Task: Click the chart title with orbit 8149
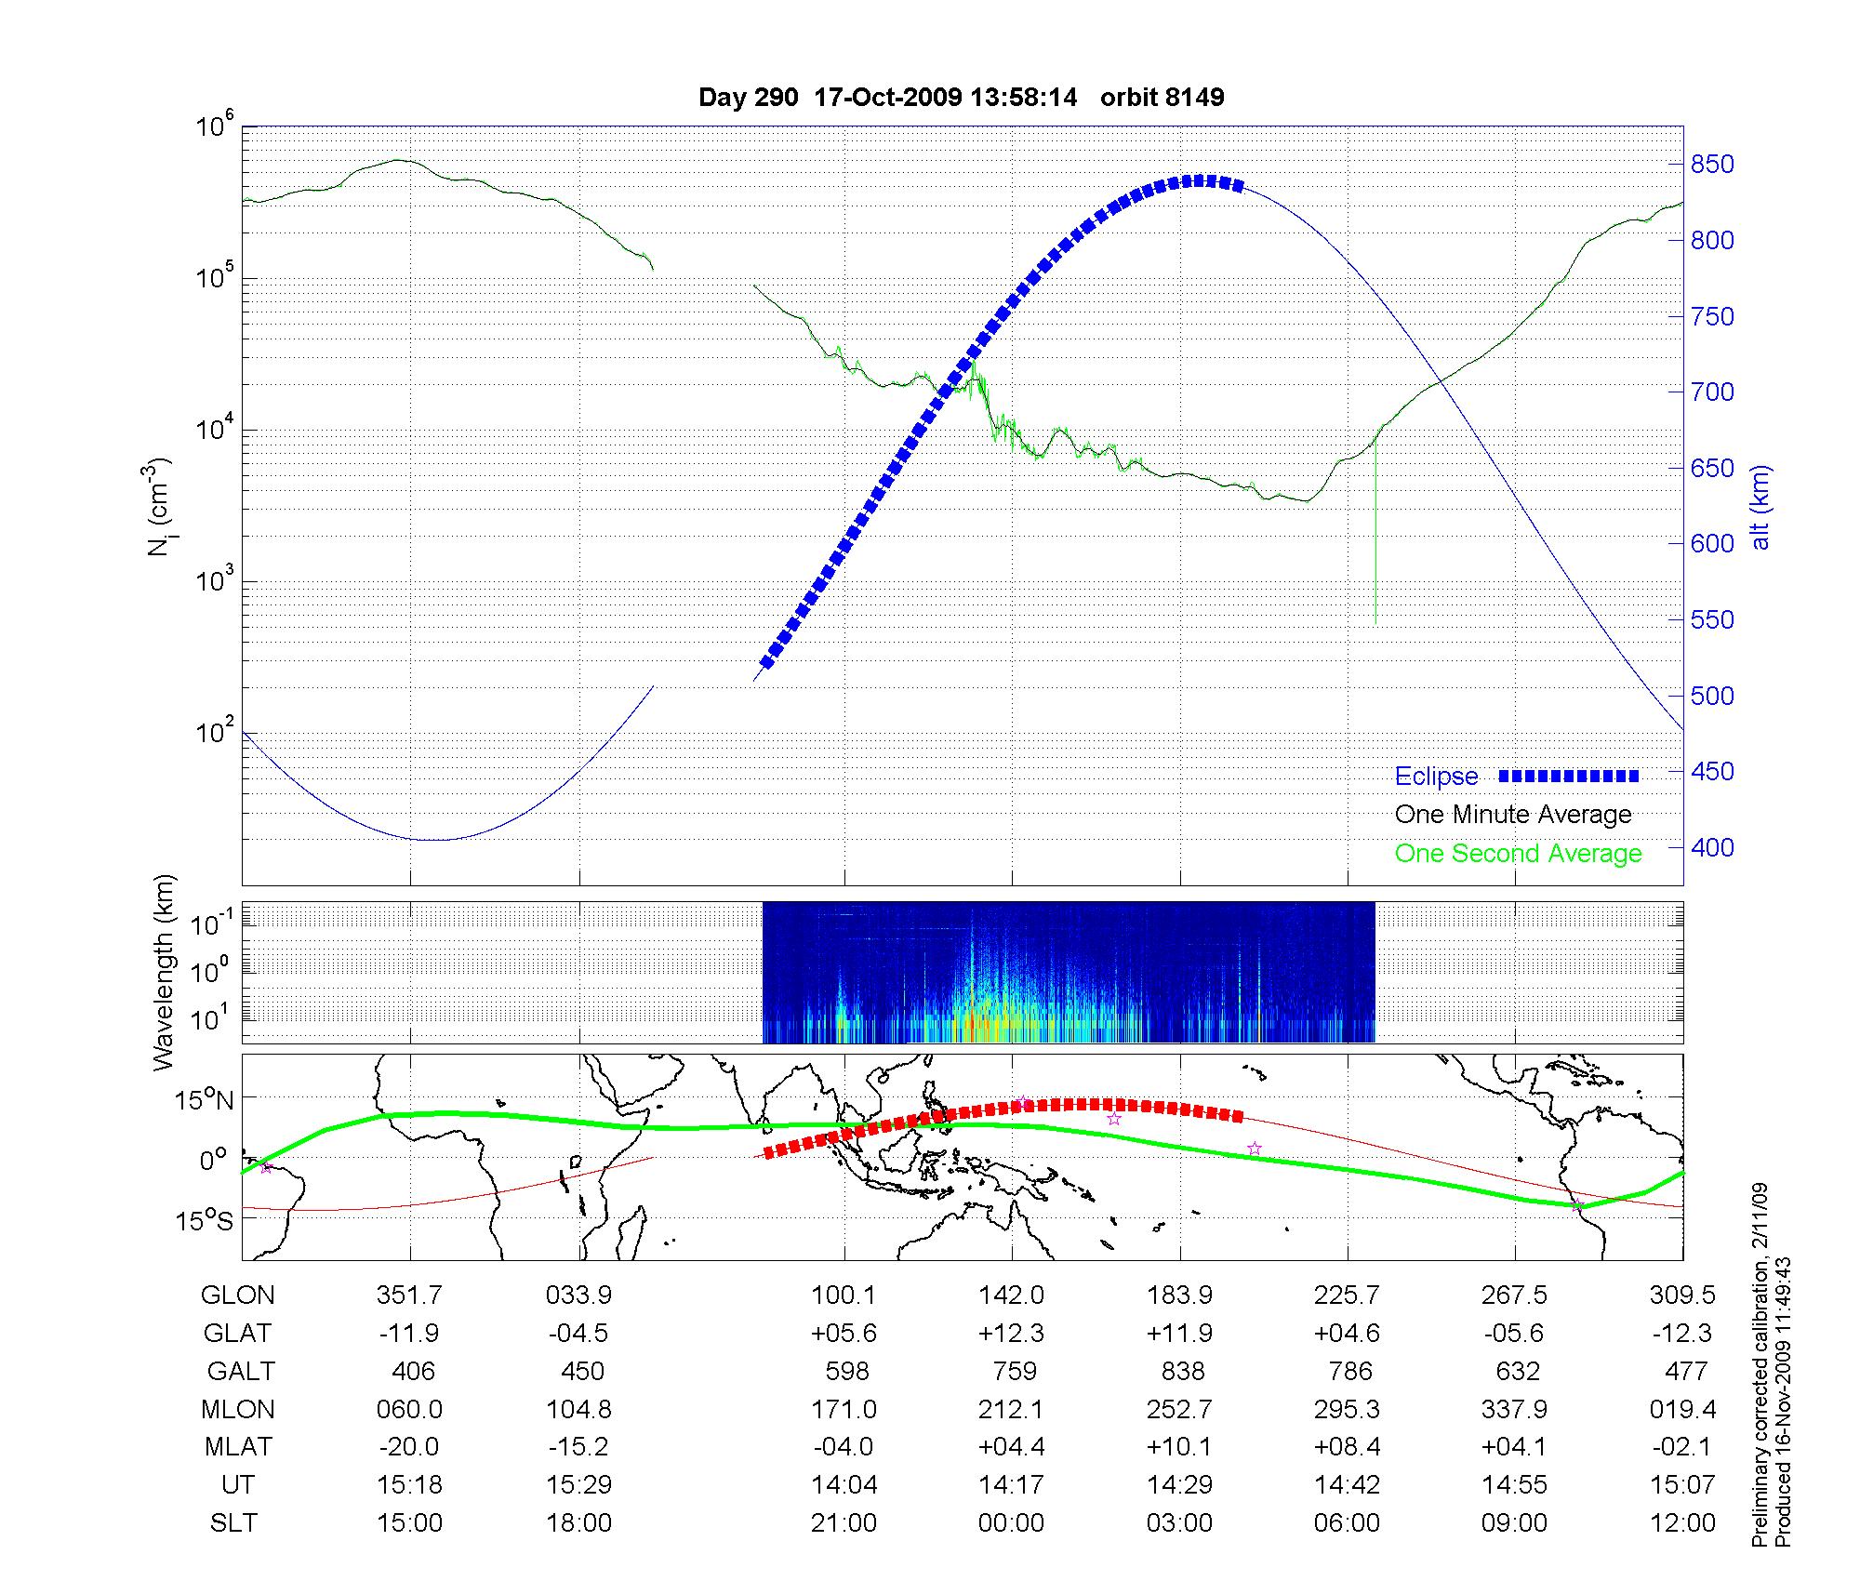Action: coord(961,97)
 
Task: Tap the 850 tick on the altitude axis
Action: coord(1711,165)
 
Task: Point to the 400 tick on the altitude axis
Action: coord(1711,847)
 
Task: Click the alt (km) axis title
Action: coord(1760,507)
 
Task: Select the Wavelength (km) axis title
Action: coord(164,972)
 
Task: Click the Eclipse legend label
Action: coord(1436,776)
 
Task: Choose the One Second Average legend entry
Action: coord(1518,853)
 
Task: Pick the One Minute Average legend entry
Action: coord(1513,815)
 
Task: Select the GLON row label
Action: coord(237,1295)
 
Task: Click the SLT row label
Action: coord(233,1522)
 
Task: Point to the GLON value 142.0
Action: coord(1011,1295)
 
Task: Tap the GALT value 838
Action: coord(1182,1371)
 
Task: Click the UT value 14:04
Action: coord(844,1484)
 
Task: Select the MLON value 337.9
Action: coord(1514,1409)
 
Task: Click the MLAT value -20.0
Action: coord(409,1447)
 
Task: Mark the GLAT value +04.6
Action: coord(1347,1333)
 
